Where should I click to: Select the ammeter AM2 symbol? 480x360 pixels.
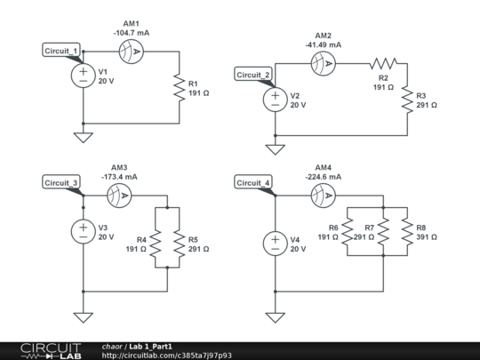[x=323, y=63]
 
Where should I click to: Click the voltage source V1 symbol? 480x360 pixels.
[x=83, y=76]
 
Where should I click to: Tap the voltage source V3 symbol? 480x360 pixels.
[x=83, y=232]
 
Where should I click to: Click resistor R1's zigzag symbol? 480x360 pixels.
[x=180, y=87]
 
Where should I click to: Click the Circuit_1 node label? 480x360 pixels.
[x=62, y=51]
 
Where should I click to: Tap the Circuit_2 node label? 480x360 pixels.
[x=254, y=75]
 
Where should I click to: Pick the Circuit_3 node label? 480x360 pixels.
[x=62, y=183]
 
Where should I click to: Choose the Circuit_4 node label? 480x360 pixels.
[x=254, y=183]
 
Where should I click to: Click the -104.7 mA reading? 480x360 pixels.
[x=132, y=32]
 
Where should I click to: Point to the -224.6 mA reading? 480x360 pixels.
[x=324, y=176]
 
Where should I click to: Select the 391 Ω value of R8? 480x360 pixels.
[x=427, y=237]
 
